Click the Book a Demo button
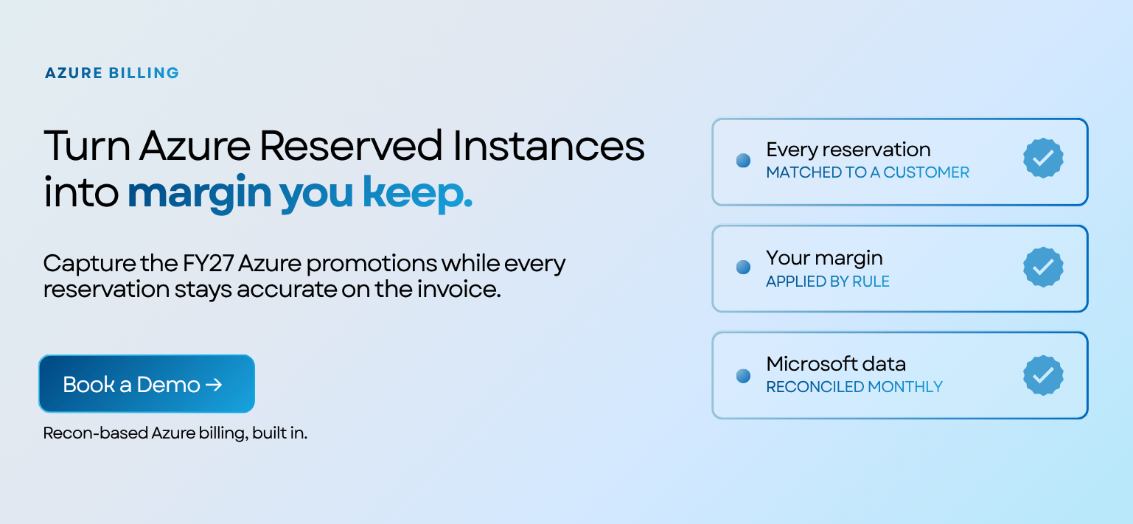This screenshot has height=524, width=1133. click(x=147, y=384)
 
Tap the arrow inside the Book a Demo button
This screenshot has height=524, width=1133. click(x=214, y=385)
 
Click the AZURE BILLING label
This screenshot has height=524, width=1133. click(x=112, y=73)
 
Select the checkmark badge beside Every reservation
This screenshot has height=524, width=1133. click(x=1043, y=158)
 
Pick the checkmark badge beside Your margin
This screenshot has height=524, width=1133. click(x=1043, y=267)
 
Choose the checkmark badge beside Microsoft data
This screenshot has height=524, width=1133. click(x=1043, y=375)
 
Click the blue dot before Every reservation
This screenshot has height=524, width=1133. click(x=743, y=161)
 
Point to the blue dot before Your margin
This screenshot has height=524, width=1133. click(x=743, y=267)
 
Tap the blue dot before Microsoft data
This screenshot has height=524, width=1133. click(x=743, y=376)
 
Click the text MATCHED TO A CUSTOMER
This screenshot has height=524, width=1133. click(x=868, y=172)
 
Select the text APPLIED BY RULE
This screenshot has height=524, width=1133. click(x=828, y=282)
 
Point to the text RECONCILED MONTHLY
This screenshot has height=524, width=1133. click(x=854, y=387)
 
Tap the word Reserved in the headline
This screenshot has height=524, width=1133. click(x=351, y=146)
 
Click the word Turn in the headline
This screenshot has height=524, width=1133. click(x=88, y=146)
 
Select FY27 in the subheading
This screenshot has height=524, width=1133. click(x=208, y=264)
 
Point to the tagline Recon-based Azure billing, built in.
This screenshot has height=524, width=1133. click(x=175, y=433)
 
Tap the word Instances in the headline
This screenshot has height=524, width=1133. click(x=548, y=146)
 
